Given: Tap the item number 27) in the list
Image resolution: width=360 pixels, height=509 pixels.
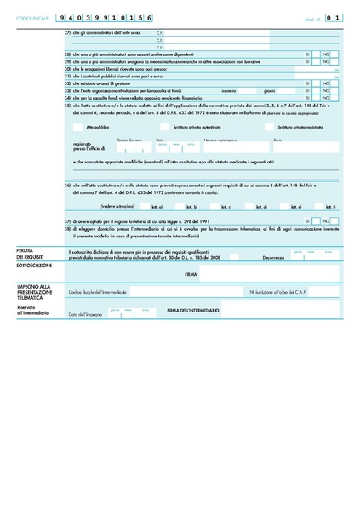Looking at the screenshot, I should point(68,32).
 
